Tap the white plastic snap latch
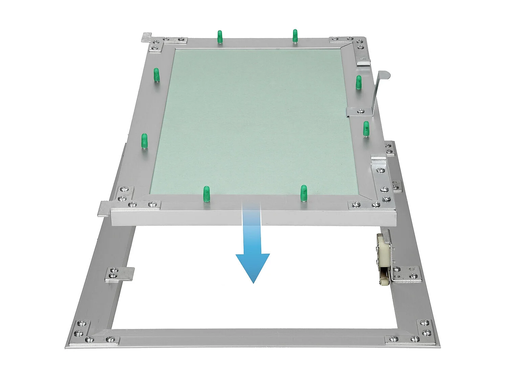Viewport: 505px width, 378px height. tap(383, 257)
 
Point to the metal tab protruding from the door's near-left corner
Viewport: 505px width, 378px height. tap(104, 208)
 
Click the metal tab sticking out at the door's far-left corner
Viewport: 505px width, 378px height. tap(147, 37)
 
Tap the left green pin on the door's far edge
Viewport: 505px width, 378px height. tap(220, 36)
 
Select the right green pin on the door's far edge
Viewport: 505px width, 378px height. tap(295, 35)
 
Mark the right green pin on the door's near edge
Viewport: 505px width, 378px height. tap(304, 193)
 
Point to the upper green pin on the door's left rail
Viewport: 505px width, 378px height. tap(156, 75)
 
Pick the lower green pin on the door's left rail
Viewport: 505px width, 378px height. tap(144, 141)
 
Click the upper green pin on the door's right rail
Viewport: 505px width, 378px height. tap(359, 82)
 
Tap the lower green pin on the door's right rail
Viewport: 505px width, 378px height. tap(366, 129)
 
